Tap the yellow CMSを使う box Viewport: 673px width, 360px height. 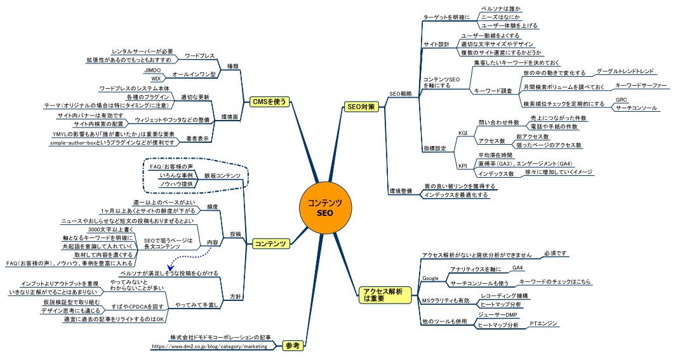270,102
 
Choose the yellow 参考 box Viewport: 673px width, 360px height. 292,346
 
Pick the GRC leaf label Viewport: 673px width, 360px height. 622,100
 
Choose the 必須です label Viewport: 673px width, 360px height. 555,253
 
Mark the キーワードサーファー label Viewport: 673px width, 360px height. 641,84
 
